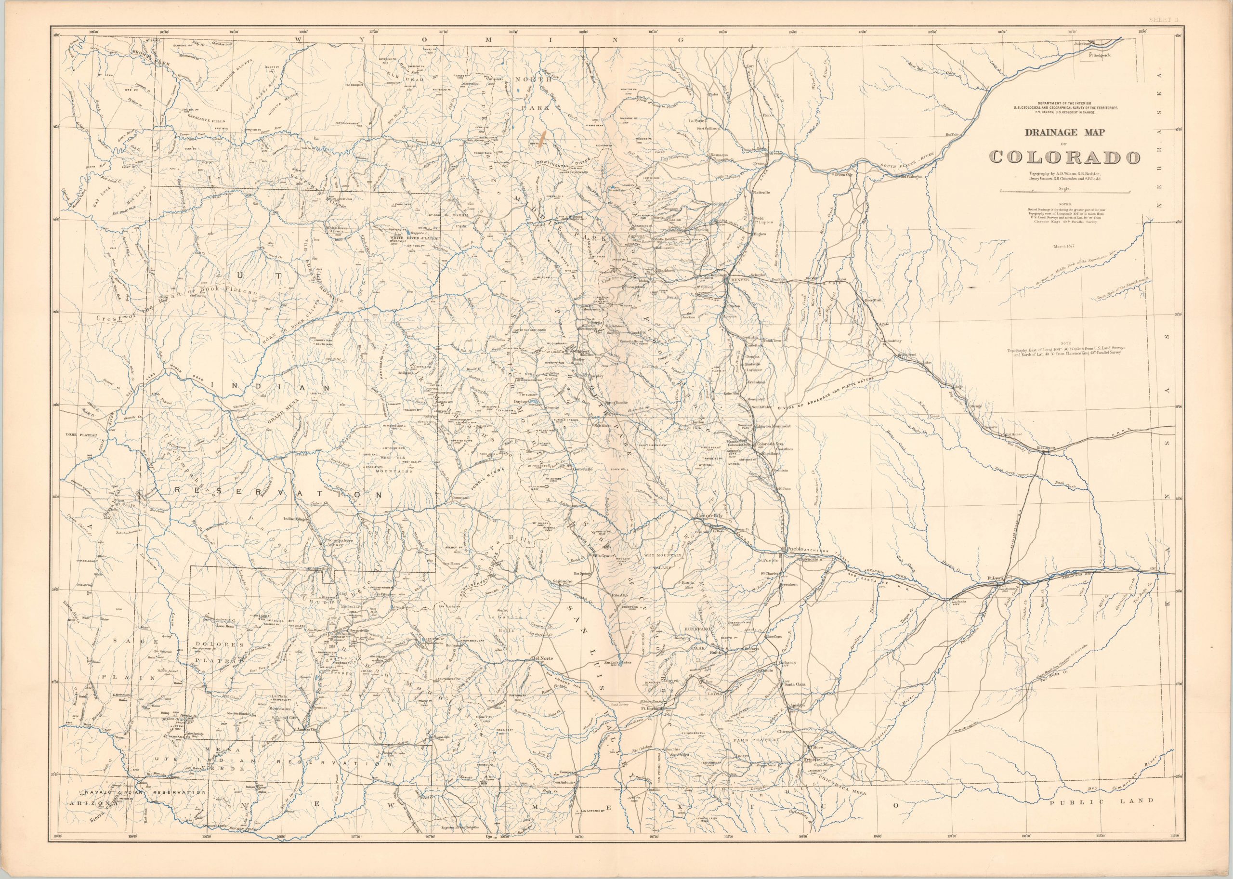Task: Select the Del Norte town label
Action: pyautogui.click(x=542, y=659)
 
